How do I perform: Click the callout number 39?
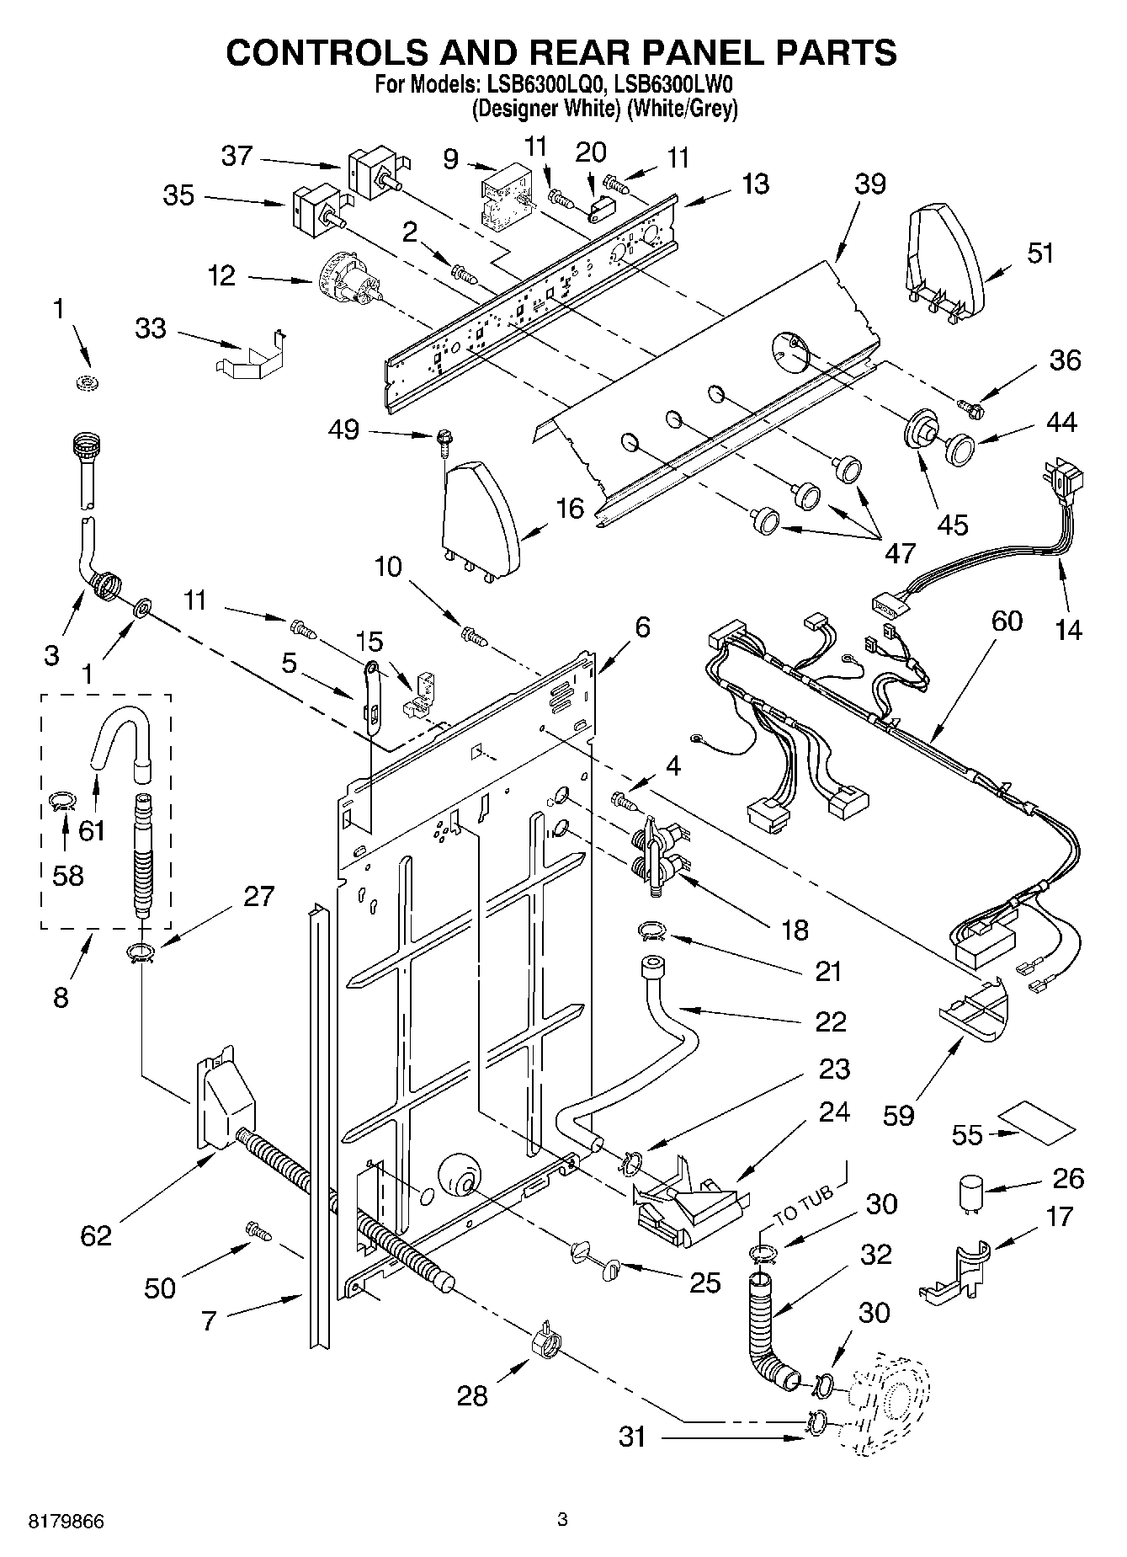(x=869, y=184)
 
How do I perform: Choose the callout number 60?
(x=1007, y=621)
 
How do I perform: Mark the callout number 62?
(x=96, y=1235)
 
